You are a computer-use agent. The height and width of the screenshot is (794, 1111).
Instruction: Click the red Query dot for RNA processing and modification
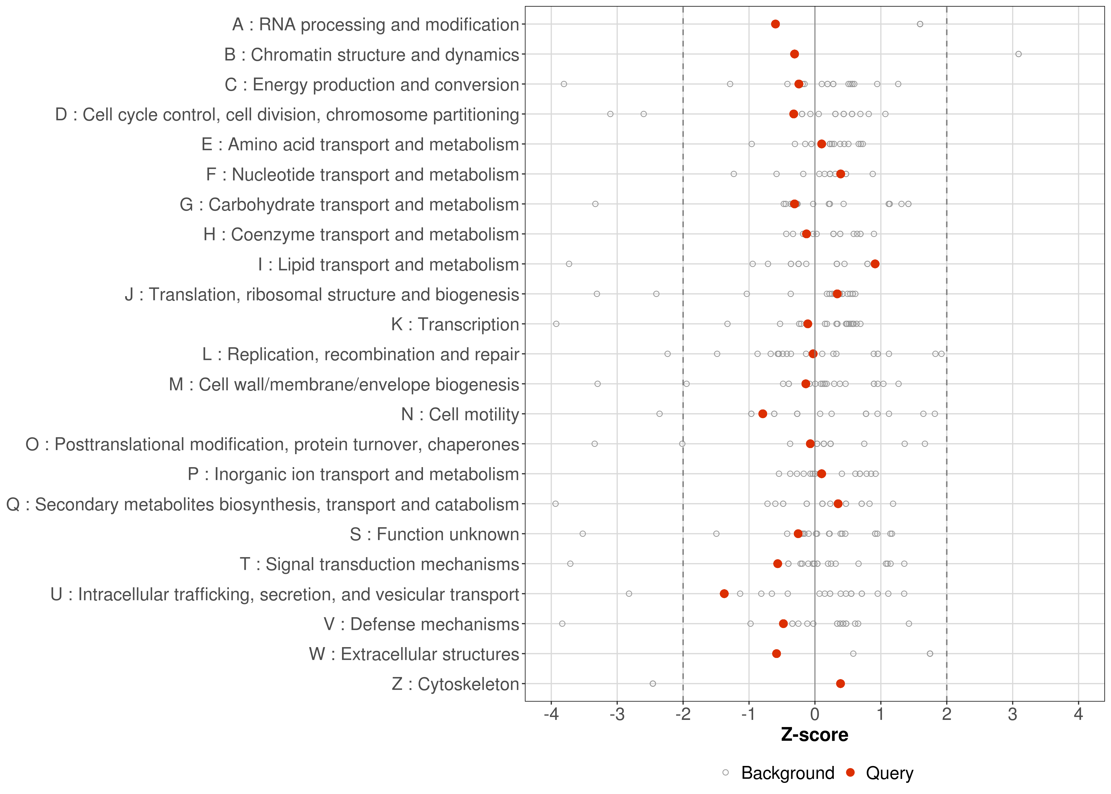[775, 24]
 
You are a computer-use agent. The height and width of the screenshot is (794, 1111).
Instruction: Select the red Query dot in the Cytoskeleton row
[840, 684]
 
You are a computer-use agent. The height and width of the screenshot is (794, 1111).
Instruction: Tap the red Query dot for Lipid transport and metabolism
[875, 264]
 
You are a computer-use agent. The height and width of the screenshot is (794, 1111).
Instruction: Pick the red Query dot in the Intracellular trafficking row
[724, 594]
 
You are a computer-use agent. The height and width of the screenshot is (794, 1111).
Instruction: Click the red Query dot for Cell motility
[763, 414]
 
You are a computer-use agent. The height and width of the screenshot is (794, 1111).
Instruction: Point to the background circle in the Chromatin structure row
[1018, 54]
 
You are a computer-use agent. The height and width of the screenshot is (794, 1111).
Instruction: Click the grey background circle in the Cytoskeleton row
[653, 684]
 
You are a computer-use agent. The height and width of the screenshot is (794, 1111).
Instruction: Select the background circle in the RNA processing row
[920, 24]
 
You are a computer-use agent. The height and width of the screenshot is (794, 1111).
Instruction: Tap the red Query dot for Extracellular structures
[776, 654]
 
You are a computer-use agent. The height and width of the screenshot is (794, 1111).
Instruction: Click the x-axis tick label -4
[551, 715]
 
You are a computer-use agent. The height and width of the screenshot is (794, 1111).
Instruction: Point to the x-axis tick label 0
[814, 715]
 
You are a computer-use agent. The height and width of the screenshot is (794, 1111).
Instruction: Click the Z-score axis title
[814, 735]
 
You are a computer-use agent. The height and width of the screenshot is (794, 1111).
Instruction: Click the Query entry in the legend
[889, 773]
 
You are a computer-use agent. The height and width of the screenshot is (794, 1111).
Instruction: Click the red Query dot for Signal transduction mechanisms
[778, 564]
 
